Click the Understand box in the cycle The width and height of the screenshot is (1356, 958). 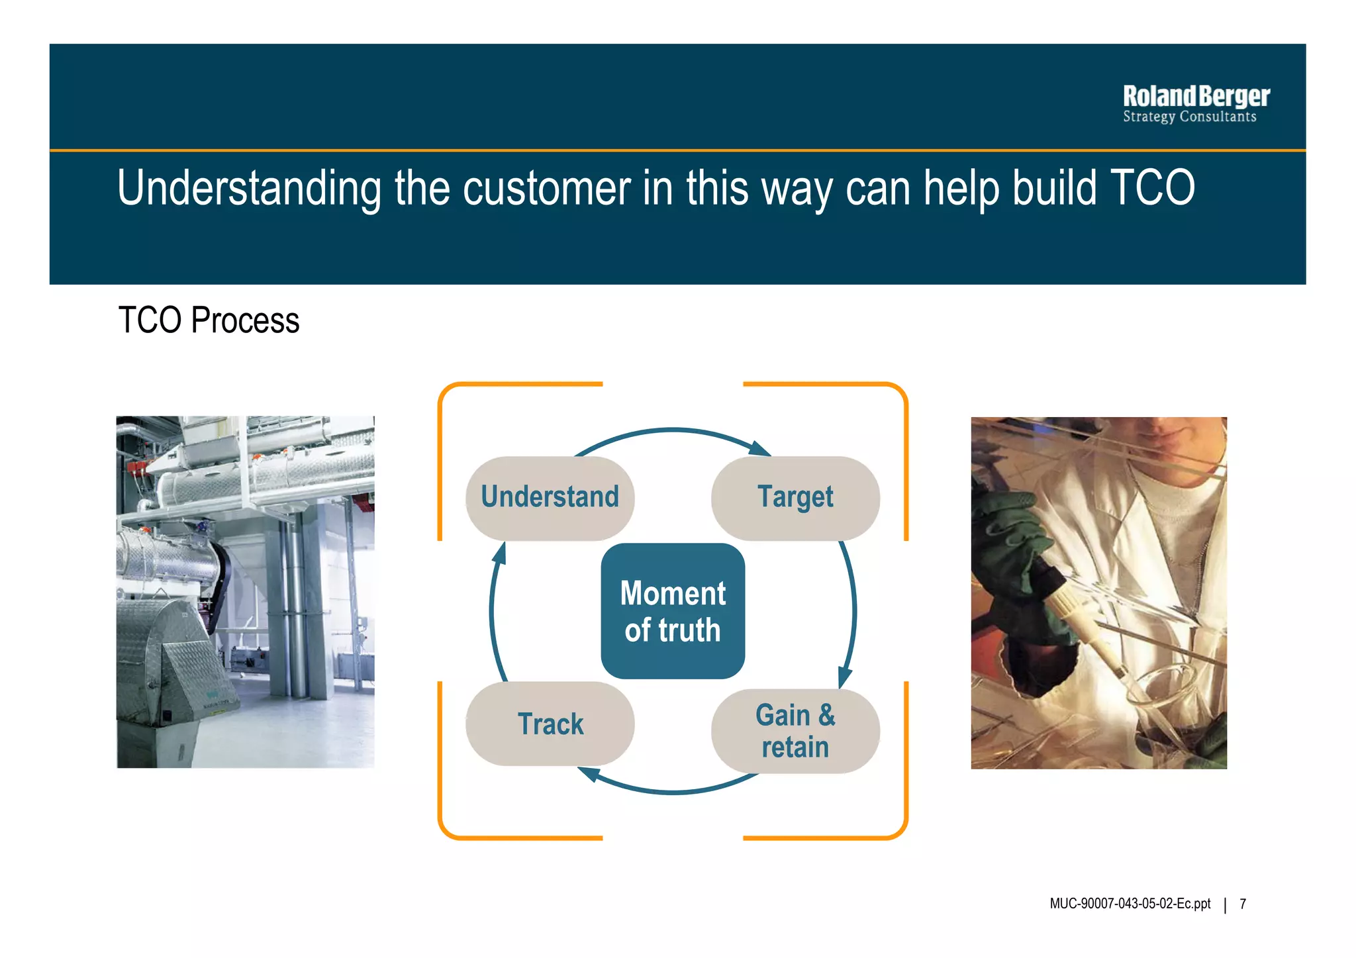(x=550, y=498)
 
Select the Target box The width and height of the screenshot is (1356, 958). (x=795, y=498)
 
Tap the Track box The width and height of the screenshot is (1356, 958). (x=550, y=724)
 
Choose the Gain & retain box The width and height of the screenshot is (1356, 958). (x=795, y=731)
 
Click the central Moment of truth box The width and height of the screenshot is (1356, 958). (x=673, y=611)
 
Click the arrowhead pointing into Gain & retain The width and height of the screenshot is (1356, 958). (x=844, y=677)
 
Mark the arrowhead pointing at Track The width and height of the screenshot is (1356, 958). (x=589, y=773)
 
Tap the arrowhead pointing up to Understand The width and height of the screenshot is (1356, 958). (x=500, y=553)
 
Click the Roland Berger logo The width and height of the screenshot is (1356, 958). (x=1196, y=97)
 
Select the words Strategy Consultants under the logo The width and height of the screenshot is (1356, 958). (x=1189, y=117)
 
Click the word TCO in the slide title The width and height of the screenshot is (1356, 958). (x=1151, y=188)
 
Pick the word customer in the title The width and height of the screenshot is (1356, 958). (x=546, y=188)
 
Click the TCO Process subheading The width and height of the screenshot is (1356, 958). (x=209, y=320)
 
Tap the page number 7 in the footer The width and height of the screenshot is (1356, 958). (x=1243, y=904)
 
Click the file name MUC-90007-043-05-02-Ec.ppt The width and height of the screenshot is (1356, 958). (x=1130, y=904)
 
